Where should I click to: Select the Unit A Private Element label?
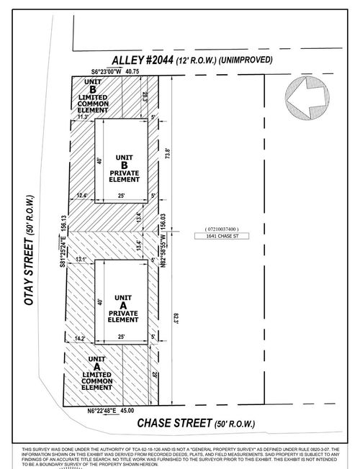[x=124, y=306]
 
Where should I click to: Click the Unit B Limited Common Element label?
[x=93, y=97]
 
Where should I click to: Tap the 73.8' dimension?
[x=168, y=153]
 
